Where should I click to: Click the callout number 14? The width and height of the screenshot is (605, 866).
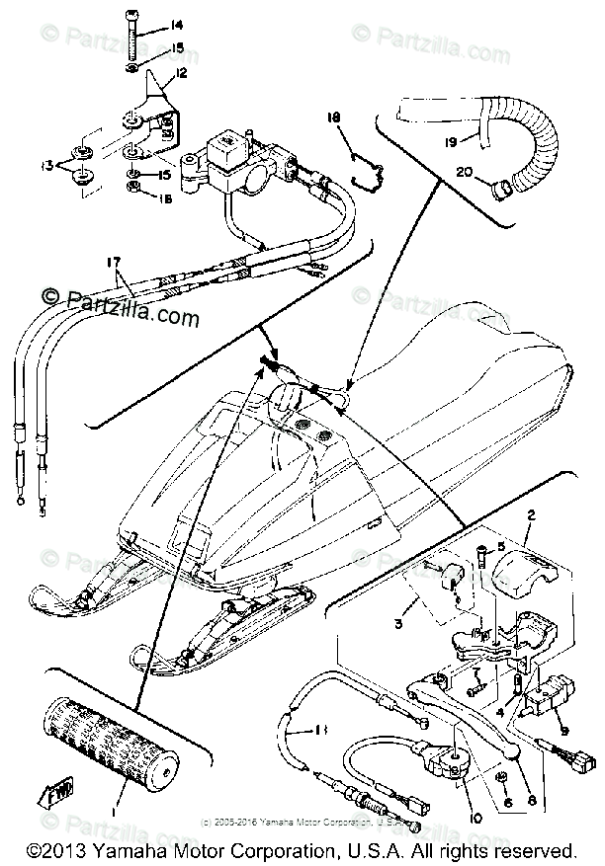(x=177, y=24)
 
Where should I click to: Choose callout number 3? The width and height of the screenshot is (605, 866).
(x=397, y=625)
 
